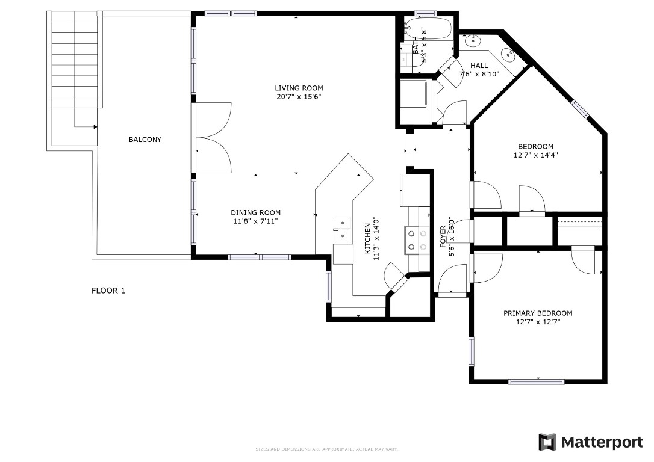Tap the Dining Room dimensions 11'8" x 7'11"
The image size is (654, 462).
pyautogui.click(x=255, y=221)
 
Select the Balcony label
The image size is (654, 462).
pyautogui.click(x=145, y=140)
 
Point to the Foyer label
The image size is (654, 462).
pyautogui.click(x=443, y=237)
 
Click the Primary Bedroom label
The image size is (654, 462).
pyautogui.click(x=537, y=313)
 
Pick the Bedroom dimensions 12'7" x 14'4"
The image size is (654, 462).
pyautogui.click(x=535, y=155)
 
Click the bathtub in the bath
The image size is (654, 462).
pyautogui.click(x=428, y=28)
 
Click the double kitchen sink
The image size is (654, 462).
pyautogui.click(x=343, y=229)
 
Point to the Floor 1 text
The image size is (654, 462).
pyautogui.click(x=108, y=291)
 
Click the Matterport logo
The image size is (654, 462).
pyautogui.click(x=590, y=442)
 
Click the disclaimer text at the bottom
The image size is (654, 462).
pyautogui.click(x=326, y=449)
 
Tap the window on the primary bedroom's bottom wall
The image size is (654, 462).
pyautogui.click(x=536, y=381)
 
